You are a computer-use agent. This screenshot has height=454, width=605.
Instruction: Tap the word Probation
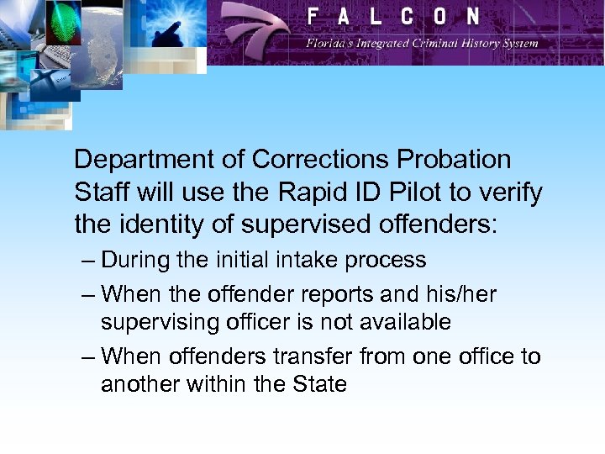pyautogui.click(x=461, y=160)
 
